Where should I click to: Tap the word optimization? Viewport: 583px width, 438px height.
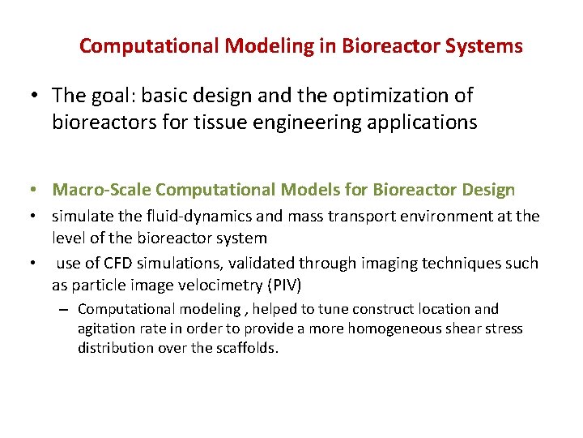coord(390,96)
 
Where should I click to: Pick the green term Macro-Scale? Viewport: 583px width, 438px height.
coord(102,190)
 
